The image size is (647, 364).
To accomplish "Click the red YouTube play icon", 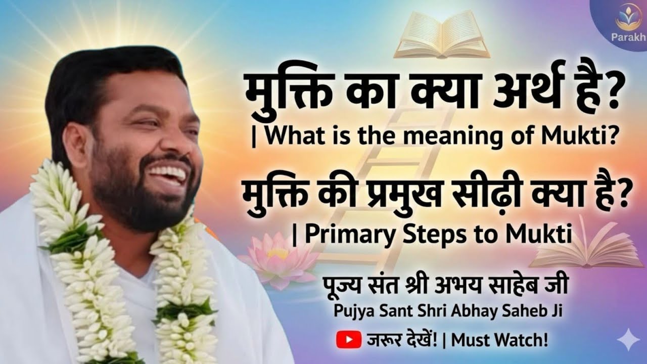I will coord(346,339).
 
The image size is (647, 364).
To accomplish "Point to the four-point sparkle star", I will coord(628,340).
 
